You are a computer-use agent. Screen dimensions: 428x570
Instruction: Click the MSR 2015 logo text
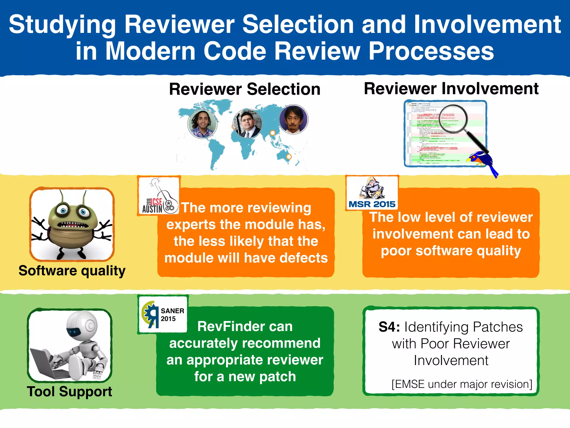[372, 204]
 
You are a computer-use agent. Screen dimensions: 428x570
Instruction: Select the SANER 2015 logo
[163, 315]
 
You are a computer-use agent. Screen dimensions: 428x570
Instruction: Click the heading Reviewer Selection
[245, 89]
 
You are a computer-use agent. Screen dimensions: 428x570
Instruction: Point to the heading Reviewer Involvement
[451, 89]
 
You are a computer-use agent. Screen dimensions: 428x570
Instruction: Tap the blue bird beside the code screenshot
[483, 162]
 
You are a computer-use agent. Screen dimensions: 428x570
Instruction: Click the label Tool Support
[70, 391]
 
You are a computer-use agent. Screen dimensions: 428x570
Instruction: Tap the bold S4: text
[389, 327]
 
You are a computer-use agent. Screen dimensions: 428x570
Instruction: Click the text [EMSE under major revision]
[462, 384]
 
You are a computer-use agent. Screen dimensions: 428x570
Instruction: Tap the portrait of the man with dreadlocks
[202, 124]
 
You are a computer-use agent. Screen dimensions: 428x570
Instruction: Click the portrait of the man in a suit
[247, 123]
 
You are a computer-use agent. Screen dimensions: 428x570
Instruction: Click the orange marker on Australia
[289, 157]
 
